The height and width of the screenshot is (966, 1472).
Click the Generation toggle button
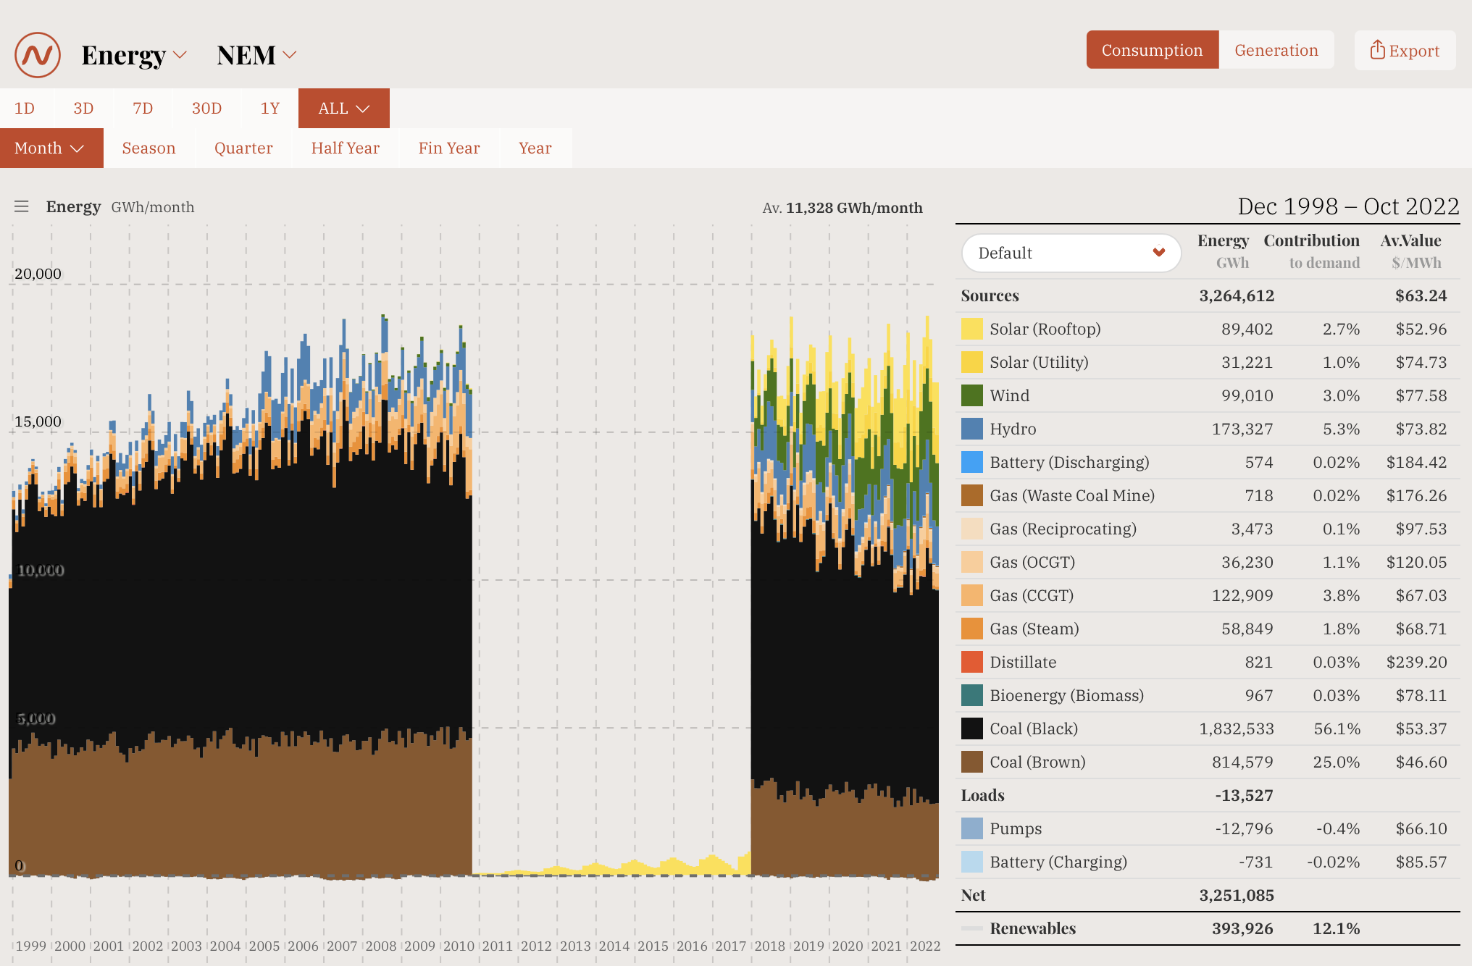(x=1276, y=50)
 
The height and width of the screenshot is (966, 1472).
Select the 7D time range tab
(x=143, y=109)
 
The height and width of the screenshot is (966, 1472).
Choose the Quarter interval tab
(x=243, y=148)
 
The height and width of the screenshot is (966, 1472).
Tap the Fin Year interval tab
(x=448, y=148)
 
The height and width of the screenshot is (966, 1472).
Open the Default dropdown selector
(x=1071, y=253)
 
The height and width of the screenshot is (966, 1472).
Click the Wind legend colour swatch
(x=971, y=395)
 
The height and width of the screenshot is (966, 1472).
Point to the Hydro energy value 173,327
(x=1242, y=429)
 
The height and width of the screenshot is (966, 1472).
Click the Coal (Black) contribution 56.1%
(x=1337, y=728)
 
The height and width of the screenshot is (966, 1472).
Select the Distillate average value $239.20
(x=1416, y=662)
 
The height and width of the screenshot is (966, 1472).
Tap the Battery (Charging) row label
(x=1058, y=862)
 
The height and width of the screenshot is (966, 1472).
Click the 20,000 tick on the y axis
(x=38, y=274)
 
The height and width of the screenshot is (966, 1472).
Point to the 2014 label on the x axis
(x=614, y=946)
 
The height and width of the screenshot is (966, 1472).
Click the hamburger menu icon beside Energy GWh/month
(x=22, y=207)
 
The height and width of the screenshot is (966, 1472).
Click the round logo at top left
(x=38, y=55)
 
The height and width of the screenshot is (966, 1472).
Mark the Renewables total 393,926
(x=1242, y=928)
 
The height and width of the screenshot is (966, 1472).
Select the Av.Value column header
(x=1410, y=241)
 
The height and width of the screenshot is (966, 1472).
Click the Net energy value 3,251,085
(x=1236, y=895)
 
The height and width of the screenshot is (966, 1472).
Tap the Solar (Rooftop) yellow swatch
(x=971, y=329)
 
